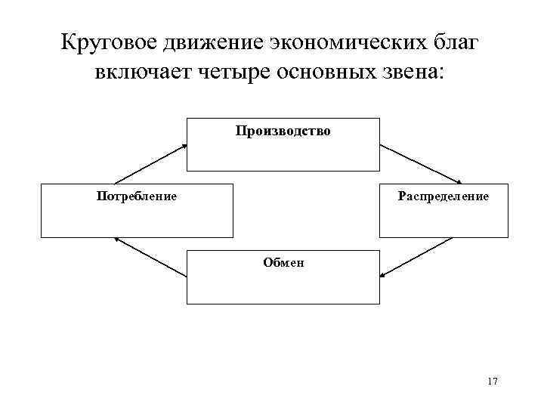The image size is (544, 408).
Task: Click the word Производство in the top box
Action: (x=283, y=131)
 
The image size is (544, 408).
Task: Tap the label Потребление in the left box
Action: (x=137, y=196)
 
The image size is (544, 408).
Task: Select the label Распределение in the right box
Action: (x=442, y=196)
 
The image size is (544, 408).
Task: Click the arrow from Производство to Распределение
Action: (x=420, y=162)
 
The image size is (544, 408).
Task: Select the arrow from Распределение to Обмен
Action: (x=416, y=257)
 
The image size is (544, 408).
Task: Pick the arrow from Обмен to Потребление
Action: (x=150, y=257)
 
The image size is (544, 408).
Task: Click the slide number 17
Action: (x=493, y=381)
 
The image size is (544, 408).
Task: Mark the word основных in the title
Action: (x=325, y=74)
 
